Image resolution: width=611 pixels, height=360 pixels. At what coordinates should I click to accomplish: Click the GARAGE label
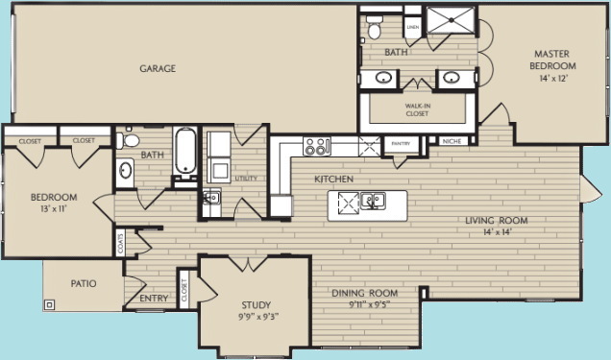pyautogui.click(x=156, y=68)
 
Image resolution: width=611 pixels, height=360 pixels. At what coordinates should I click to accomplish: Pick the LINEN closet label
pyautogui.click(x=413, y=28)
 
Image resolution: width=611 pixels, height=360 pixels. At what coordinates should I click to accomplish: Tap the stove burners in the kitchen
pyautogui.click(x=316, y=147)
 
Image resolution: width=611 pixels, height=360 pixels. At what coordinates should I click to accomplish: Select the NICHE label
pyautogui.click(x=451, y=142)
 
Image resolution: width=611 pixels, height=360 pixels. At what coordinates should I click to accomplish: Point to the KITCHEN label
pyautogui.click(x=334, y=180)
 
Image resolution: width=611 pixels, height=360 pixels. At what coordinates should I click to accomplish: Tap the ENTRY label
pyautogui.click(x=154, y=298)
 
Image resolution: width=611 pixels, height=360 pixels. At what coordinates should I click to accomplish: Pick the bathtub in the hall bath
pyautogui.click(x=185, y=152)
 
